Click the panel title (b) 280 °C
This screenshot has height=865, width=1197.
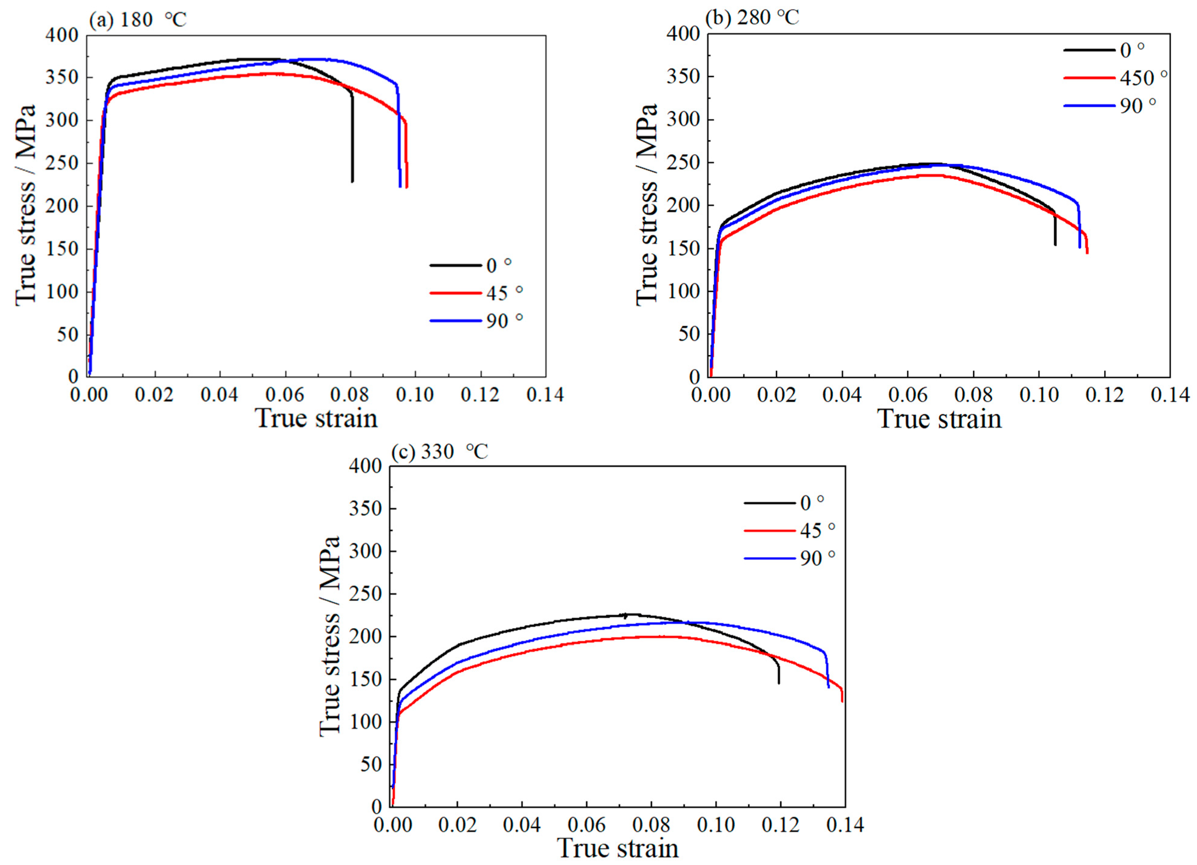[752, 17]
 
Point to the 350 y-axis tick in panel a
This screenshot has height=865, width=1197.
[62, 78]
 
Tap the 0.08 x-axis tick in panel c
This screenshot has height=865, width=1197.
[651, 825]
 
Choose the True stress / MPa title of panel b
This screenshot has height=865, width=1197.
[646, 205]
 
